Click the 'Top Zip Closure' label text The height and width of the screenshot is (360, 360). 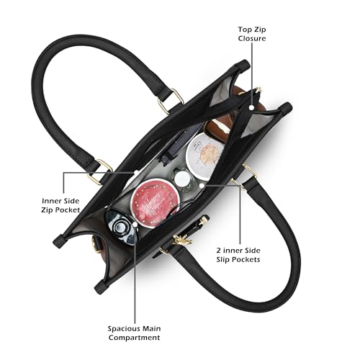click(252, 34)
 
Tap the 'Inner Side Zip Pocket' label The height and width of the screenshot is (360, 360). click(60, 205)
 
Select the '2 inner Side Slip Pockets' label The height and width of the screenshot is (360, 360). click(238, 255)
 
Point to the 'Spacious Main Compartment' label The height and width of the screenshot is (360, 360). click(134, 333)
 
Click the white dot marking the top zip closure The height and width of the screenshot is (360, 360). click(251, 107)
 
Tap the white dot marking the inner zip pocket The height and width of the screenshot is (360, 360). click(136, 173)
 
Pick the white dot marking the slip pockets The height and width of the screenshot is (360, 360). click(202, 186)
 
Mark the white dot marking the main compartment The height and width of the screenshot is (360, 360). click(135, 225)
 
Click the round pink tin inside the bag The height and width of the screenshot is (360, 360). click(155, 203)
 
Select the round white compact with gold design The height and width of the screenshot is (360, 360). click(204, 153)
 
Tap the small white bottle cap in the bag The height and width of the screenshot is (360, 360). click(182, 179)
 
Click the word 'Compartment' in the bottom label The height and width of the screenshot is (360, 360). click(134, 338)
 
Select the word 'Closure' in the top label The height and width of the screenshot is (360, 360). click(252, 38)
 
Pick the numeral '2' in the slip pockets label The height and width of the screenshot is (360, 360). click(219, 251)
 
